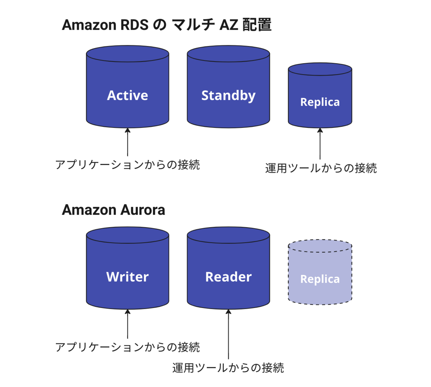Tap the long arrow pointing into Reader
coord(228,334)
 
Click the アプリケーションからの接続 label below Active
coord(128,165)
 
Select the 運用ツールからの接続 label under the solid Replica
coord(321,168)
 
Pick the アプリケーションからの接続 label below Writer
coord(128,347)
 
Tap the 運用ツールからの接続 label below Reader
coord(228,368)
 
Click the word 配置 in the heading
coord(257,25)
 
